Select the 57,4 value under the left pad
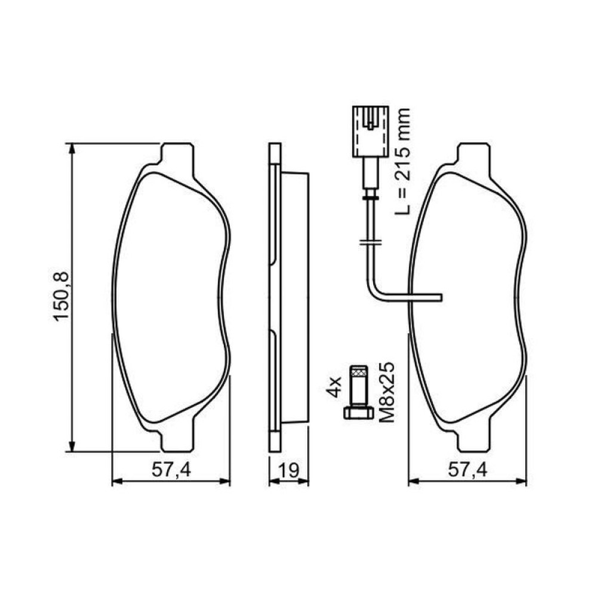tap(170, 470)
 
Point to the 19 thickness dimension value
tap(289, 470)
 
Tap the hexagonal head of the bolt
tap(358, 413)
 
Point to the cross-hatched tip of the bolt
tap(358, 372)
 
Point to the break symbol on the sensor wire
tap(370, 242)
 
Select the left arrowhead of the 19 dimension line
tap(272, 481)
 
